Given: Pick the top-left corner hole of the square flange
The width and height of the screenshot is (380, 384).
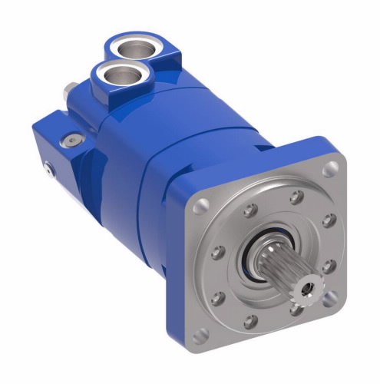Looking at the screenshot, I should coord(201,206).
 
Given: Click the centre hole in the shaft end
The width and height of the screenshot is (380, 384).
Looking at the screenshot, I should coord(309,287).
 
